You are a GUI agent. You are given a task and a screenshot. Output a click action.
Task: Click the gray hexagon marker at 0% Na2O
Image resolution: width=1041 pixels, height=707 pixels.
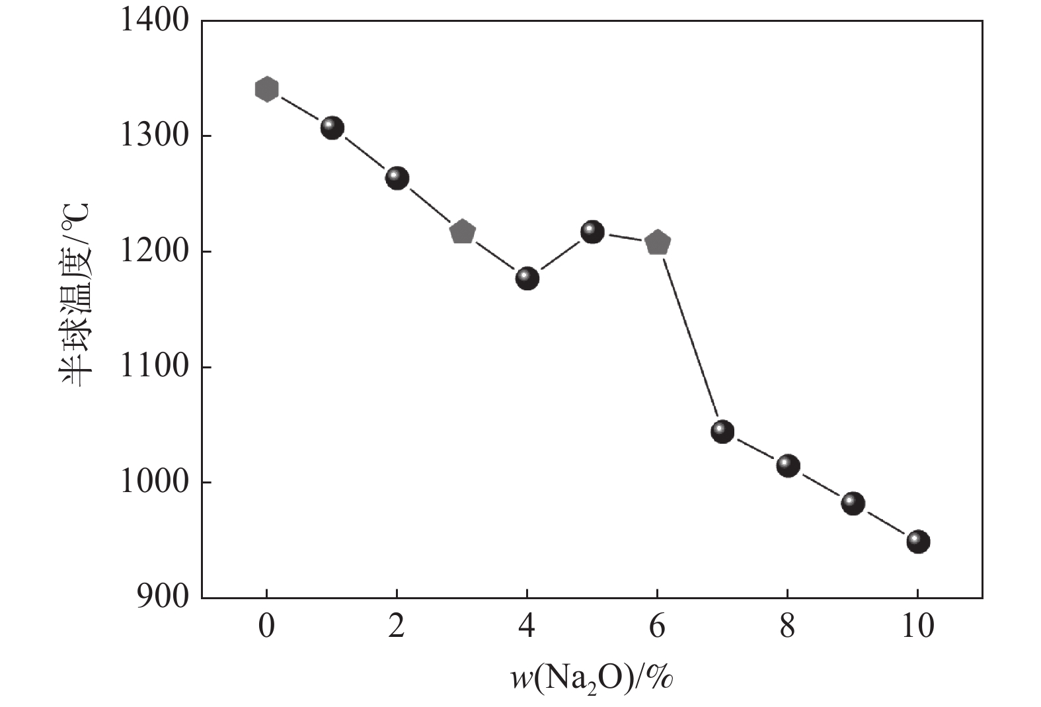coord(266,89)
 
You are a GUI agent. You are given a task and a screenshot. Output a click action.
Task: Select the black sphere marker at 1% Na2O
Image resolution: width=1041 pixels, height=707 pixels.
coord(332,128)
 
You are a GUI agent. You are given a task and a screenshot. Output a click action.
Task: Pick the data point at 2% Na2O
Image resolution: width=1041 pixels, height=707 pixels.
coord(397,178)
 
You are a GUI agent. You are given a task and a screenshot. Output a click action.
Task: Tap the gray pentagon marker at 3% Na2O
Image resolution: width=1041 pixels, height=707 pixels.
coord(462,232)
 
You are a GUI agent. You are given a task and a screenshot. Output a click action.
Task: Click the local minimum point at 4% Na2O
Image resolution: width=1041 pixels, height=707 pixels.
coord(527,278)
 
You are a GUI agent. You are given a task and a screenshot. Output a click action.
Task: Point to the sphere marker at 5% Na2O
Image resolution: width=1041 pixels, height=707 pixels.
coord(592,232)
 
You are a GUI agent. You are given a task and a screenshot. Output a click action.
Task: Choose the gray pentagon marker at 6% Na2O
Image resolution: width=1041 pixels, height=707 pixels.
coord(658,243)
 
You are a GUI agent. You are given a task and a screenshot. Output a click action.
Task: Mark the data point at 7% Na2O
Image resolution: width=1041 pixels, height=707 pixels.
coord(722,432)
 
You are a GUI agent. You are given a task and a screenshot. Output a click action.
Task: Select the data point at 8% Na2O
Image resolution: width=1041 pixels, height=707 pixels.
coord(788,466)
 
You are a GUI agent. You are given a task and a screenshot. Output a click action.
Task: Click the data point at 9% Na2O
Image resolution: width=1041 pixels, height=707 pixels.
coord(853,503)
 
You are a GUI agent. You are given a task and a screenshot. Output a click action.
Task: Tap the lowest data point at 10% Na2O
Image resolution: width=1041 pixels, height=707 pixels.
coord(918,542)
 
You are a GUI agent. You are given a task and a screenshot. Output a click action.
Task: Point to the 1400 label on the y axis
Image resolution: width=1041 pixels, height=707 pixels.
coord(154,21)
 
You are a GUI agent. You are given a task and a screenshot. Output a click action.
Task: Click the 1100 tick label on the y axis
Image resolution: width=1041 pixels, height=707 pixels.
coord(154,367)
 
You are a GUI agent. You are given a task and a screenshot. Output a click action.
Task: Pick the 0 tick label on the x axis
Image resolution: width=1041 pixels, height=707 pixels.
coord(266,626)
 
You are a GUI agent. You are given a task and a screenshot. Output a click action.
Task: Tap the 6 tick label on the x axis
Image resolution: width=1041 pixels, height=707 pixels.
coord(657,626)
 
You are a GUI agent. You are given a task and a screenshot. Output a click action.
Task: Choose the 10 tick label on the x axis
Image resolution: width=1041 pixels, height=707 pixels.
coord(917,626)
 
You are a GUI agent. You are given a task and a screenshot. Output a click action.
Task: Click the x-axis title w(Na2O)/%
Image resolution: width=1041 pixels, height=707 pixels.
coord(591,677)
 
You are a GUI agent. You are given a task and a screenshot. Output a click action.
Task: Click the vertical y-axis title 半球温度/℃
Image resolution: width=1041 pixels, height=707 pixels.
coord(75,294)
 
